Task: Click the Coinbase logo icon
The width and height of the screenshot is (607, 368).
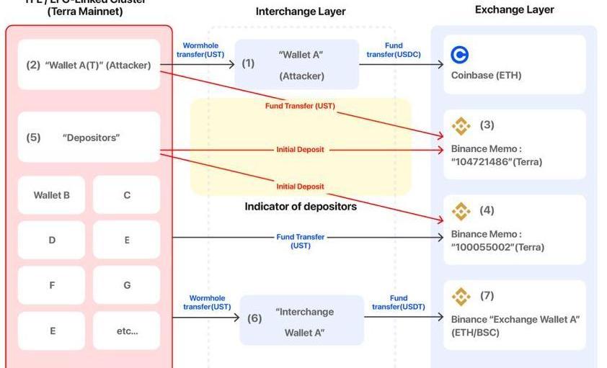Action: click(459, 55)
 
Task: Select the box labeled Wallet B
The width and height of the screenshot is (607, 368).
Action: click(52, 195)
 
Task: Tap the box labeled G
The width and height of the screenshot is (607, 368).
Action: click(127, 285)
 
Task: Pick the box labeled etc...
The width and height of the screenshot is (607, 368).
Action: click(127, 331)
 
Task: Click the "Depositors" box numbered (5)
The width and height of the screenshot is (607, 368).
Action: click(89, 137)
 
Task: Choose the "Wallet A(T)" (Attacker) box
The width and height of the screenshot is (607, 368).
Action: click(89, 65)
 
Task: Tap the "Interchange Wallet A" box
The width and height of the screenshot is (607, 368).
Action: click(302, 322)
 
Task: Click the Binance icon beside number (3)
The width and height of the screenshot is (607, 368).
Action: click(461, 125)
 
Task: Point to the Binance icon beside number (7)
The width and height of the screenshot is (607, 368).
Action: click(461, 296)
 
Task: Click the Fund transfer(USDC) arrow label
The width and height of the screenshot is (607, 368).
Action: click(394, 50)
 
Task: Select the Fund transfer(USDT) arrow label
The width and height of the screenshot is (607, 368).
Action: click(399, 302)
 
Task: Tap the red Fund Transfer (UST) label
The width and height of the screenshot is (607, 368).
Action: click(300, 106)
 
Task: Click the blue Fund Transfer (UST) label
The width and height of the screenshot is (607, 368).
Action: click(301, 241)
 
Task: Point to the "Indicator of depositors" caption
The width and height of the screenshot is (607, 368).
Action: click(301, 207)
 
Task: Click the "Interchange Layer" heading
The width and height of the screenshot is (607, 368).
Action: click(301, 12)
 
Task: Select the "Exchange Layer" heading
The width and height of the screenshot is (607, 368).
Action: click(514, 10)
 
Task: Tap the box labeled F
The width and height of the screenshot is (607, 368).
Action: click(52, 285)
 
